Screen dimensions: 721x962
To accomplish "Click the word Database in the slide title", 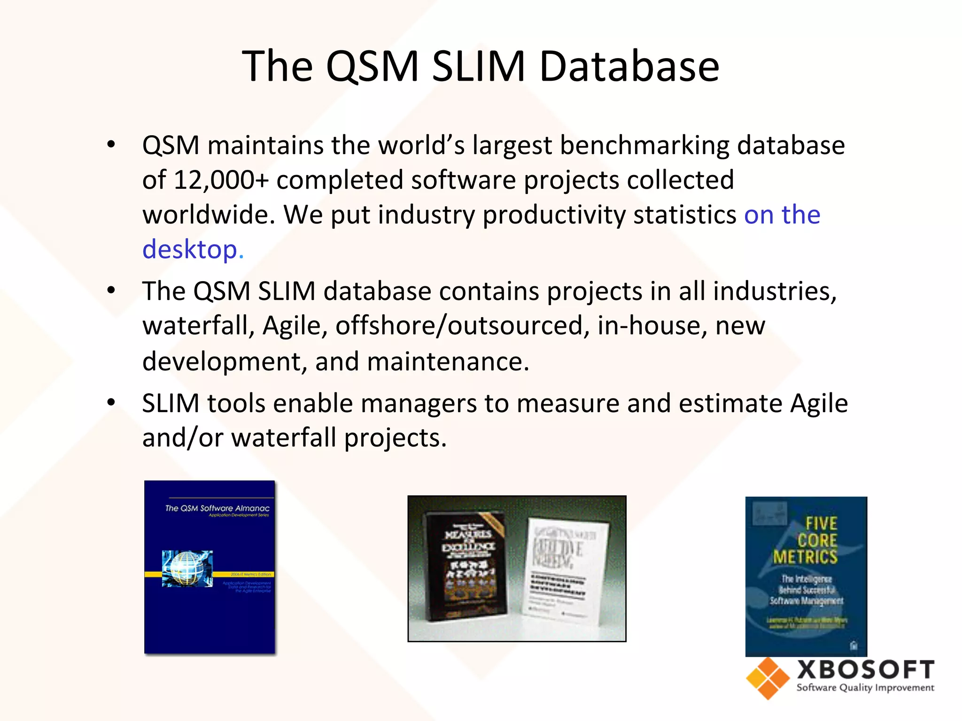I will coord(629,67).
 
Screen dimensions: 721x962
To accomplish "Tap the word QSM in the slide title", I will coord(372,67).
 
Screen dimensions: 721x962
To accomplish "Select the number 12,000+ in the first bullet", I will coord(221,180).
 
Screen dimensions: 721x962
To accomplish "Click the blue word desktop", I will coord(193,249).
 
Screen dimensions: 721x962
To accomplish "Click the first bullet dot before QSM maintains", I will coord(111,145).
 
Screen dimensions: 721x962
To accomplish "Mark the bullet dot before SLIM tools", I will coord(111,403).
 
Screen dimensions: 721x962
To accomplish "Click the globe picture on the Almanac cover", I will coord(187,568).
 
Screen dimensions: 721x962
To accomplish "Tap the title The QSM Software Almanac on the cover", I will coord(217,508).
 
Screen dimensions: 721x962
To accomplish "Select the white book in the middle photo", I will coord(561,570).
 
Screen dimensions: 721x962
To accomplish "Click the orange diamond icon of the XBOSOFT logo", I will coord(768,678).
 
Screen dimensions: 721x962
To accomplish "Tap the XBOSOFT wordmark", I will coord(865,670).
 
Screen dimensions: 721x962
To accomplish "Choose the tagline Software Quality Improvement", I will coord(865,688).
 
